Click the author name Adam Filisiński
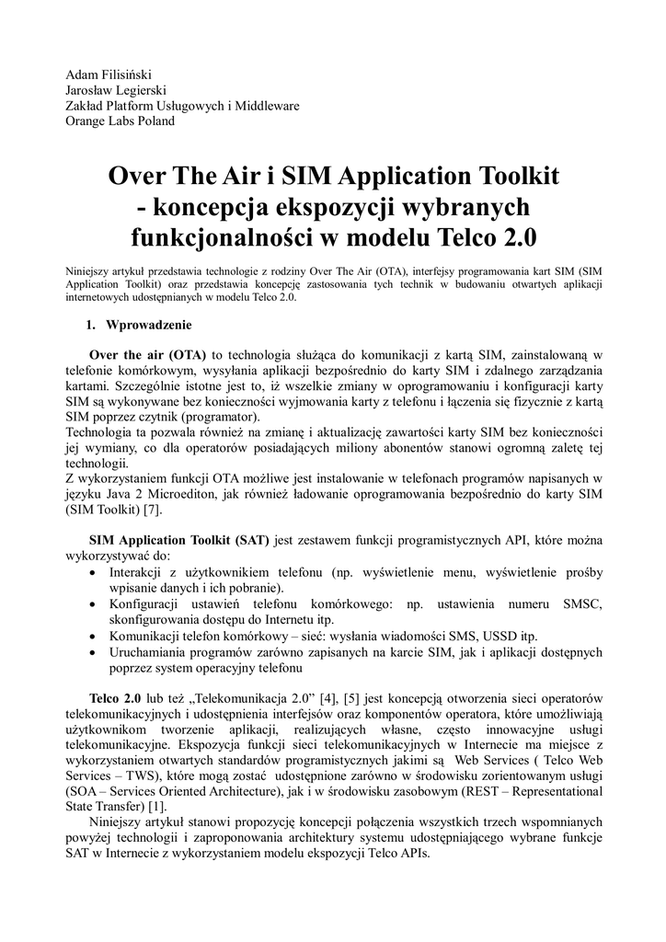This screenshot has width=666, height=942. (107, 73)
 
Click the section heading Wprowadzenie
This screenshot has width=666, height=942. (149, 325)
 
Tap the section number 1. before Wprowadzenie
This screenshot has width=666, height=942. (91, 325)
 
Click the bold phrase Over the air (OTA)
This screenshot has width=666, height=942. (147, 355)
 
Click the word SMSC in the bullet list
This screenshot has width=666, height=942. (580, 604)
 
